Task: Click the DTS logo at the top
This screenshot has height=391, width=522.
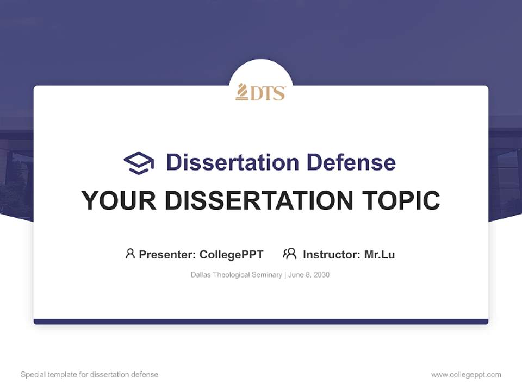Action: point(260,92)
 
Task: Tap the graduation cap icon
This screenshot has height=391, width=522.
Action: point(139,162)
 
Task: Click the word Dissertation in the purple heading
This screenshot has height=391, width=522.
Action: point(232,162)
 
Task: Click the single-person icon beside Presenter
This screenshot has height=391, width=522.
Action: point(130,254)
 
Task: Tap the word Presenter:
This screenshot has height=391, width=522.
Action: point(167,254)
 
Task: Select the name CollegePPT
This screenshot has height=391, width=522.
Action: point(231,254)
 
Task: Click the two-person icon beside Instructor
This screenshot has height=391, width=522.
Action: point(289,254)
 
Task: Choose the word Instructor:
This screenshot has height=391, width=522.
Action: point(331,254)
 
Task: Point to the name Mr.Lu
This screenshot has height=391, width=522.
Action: point(380,254)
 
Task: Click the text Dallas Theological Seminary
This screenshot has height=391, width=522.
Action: point(236,275)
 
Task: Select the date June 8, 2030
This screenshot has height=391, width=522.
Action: point(309,275)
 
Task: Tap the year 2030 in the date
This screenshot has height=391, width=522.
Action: point(321,275)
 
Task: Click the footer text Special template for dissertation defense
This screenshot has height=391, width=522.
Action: point(90,375)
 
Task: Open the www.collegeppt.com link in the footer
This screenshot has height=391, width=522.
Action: point(466,375)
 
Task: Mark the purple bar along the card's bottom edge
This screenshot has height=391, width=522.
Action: point(260,321)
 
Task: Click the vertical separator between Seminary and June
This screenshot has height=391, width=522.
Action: point(285,275)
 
